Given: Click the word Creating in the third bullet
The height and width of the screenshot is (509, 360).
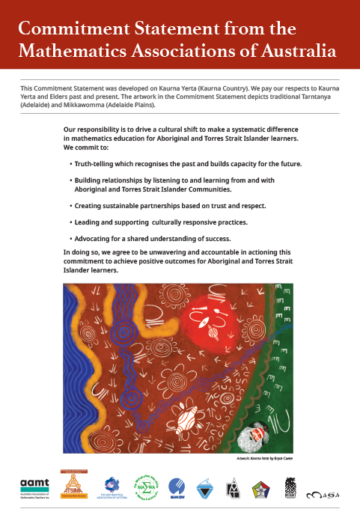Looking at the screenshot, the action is (89, 204).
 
